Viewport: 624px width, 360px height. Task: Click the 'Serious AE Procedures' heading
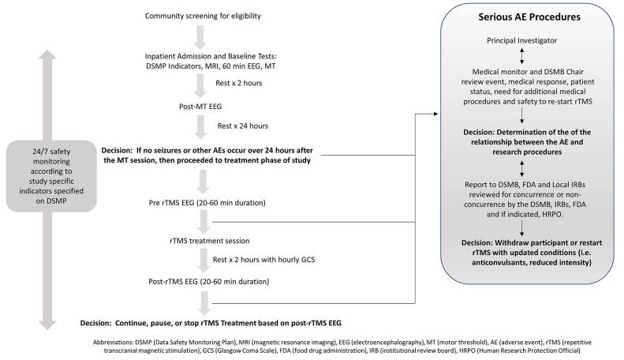529,17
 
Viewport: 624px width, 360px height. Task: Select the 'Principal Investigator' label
521,40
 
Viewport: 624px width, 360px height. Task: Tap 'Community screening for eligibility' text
203,16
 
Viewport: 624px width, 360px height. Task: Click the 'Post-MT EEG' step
200,107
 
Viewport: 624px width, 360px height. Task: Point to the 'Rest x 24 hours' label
243,126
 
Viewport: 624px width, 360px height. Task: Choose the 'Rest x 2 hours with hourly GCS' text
263,260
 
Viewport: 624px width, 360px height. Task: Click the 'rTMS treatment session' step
210,241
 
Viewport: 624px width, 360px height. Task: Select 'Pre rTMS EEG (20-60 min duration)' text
207,203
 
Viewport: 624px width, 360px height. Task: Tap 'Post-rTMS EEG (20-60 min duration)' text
209,282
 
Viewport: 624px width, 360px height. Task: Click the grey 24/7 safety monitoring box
51,176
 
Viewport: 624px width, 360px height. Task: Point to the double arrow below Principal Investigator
521,56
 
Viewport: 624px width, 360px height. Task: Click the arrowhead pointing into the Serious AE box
435,114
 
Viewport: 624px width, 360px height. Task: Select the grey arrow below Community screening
200,37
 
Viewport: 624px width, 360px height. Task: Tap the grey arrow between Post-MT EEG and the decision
200,127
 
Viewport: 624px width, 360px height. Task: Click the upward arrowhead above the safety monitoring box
47,55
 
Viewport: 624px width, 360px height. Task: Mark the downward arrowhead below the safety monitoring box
47,325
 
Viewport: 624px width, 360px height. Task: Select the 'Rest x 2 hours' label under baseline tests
239,83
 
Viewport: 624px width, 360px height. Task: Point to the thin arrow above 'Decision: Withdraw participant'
521,228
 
